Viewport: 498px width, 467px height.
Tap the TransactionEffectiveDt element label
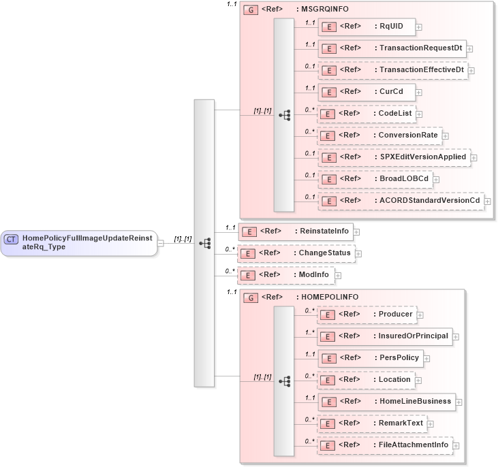click(x=422, y=69)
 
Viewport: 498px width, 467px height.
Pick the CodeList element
click(x=367, y=113)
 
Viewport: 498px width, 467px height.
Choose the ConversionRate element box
click(x=379, y=135)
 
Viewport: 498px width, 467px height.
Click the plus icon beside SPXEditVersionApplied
click(x=473, y=157)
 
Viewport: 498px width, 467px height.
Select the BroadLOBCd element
click(x=375, y=178)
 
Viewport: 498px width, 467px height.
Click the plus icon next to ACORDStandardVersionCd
click(x=488, y=201)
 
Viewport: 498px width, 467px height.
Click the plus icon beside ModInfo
click(x=338, y=275)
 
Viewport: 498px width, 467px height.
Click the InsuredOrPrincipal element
click(x=385, y=336)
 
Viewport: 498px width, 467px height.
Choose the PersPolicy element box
click(x=371, y=358)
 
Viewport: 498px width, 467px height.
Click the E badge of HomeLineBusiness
click(x=328, y=402)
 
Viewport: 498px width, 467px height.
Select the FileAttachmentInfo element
click(x=385, y=445)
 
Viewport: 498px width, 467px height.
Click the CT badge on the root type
click(x=11, y=239)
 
